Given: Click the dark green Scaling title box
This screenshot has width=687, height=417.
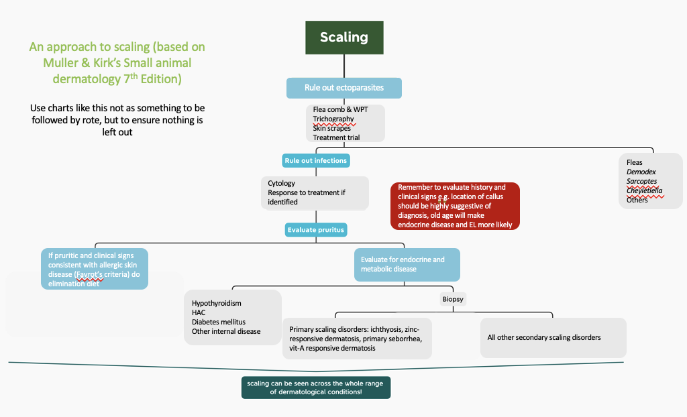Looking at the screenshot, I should coord(344,37).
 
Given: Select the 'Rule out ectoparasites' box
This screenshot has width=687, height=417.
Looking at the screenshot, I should coord(343,88).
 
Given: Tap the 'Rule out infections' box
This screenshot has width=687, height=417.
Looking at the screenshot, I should coord(316,161).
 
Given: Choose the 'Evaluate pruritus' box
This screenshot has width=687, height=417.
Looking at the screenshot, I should coord(316,230).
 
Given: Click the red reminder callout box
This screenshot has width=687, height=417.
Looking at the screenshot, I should coord(455,206).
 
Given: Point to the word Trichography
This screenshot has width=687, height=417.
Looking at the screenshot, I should coord(333,119).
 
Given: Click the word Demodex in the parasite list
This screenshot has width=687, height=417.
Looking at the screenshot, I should coord(641,172).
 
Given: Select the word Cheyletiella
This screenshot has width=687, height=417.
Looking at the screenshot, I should coord(645,190).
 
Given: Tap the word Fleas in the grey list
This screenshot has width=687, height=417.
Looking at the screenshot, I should coord(635,162).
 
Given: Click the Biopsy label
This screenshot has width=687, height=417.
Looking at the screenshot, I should coord(453,299).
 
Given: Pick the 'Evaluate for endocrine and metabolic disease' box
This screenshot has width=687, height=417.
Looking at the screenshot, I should coord(407,264).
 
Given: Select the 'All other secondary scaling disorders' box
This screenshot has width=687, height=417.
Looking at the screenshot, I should coord(553,337).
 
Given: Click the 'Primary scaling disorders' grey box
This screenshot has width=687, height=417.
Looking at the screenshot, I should coord(356,339).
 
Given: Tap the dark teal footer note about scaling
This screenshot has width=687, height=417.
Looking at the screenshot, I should coord(315,388).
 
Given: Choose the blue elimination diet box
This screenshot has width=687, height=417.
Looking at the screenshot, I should coord(95,270).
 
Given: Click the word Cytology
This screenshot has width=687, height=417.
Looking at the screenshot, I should coord(281,183).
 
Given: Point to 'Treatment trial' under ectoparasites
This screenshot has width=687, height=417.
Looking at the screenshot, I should coord(336,137).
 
